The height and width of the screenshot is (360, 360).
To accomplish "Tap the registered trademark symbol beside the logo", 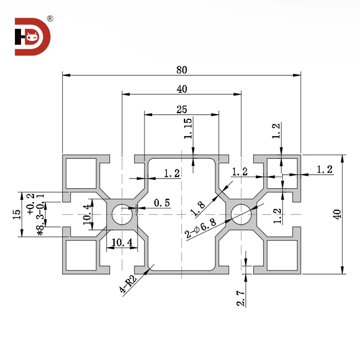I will (x=50, y=19).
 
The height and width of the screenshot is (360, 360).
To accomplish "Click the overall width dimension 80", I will (x=181, y=70).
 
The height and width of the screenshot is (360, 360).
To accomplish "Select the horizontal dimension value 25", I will (x=181, y=109).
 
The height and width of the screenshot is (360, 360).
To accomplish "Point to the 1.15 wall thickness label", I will (x=188, y=129).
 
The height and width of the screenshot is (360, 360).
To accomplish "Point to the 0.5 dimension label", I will (x=162, y=203).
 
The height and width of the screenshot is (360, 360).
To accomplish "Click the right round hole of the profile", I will (x=240, y=214).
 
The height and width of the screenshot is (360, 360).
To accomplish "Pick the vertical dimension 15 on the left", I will (x=18, y=214).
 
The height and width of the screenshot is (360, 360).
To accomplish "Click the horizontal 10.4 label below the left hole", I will (x=122, y=243).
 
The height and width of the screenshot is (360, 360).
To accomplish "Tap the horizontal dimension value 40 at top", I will (x=181, y=89).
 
